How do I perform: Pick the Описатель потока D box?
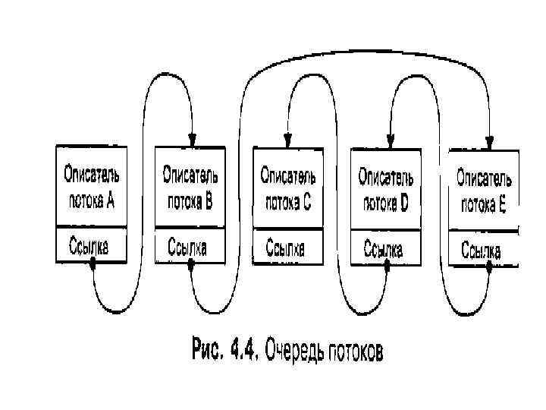[385, 188]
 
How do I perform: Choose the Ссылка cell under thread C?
[287, 249]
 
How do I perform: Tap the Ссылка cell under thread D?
[385, 248]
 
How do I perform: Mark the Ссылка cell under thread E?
[482, 251]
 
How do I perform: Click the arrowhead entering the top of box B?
[192, 140]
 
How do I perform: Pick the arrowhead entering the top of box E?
[489, 141]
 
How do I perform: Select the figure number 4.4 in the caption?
[239, 351]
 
